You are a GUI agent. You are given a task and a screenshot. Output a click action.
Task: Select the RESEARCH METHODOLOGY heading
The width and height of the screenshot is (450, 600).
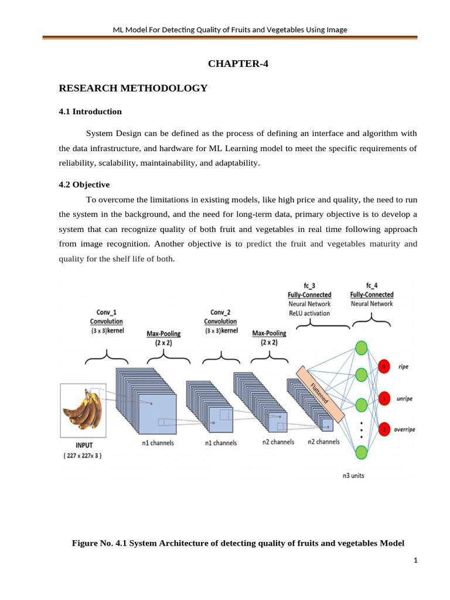click(134, 88)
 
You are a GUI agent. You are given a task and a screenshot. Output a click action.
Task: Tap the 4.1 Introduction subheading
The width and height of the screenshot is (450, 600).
click(90, 111)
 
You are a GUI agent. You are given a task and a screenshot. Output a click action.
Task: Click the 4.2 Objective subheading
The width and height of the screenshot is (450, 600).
click(84, 185)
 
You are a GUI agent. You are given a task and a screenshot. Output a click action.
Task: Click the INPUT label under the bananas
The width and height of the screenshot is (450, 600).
click(83, 445)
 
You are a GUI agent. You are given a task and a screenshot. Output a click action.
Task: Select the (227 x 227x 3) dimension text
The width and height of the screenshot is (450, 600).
click(83, 455)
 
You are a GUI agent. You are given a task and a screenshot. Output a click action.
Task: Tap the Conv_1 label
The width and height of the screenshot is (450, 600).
click(106, 312)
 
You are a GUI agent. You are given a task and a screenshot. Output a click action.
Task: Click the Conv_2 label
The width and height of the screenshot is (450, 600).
click(220, 312)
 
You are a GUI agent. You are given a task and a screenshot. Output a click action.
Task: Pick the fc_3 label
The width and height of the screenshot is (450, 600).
click(309, 285)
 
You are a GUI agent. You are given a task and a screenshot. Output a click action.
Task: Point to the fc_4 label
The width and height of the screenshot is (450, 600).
click(371, 285)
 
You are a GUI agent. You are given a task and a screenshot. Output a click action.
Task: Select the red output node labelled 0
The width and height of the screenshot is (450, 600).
click(384, 367)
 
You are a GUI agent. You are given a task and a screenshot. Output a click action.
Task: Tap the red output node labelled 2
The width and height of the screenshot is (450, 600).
click(384, 429)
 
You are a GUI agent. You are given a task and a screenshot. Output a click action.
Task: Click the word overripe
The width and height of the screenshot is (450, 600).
click(404, 429)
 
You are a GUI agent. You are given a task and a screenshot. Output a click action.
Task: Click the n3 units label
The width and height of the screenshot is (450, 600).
click(353, 475)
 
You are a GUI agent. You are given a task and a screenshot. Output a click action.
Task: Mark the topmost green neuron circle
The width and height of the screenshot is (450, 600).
click(362, 347)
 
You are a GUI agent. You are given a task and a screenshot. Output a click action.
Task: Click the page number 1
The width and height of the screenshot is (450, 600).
click(415, 561)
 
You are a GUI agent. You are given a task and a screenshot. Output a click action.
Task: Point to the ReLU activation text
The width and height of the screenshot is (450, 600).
click(309, 313)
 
